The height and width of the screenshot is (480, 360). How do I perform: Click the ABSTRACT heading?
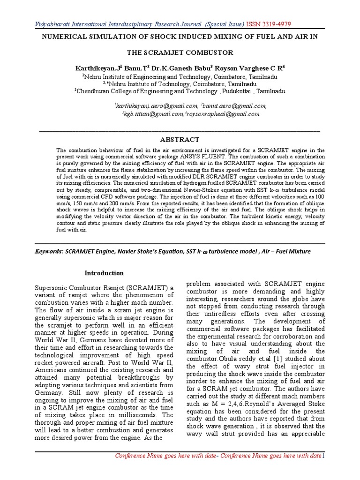click(180, 140)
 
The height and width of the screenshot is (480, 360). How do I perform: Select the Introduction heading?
click(104, 273)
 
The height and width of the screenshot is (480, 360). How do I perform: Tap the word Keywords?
click(51, 251)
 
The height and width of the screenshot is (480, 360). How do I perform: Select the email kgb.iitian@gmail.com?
click(153, 114)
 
